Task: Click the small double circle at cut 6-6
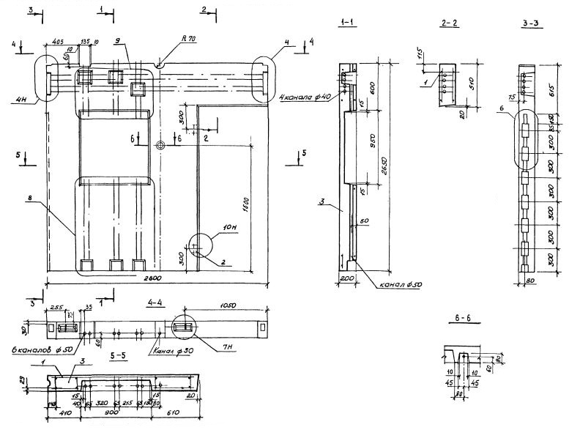(x=160, y=145)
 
